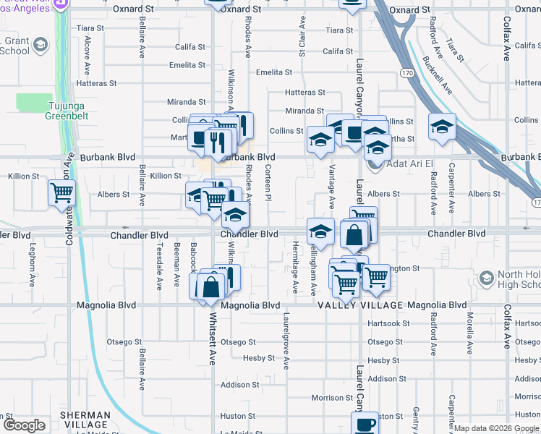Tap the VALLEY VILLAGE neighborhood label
[359, 305]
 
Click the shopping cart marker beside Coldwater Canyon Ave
[62, 193]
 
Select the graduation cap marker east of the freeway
[442, 128]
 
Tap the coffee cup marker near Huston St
[365, 423]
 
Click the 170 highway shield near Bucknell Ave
[408, 73]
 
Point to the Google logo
[24, 425]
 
